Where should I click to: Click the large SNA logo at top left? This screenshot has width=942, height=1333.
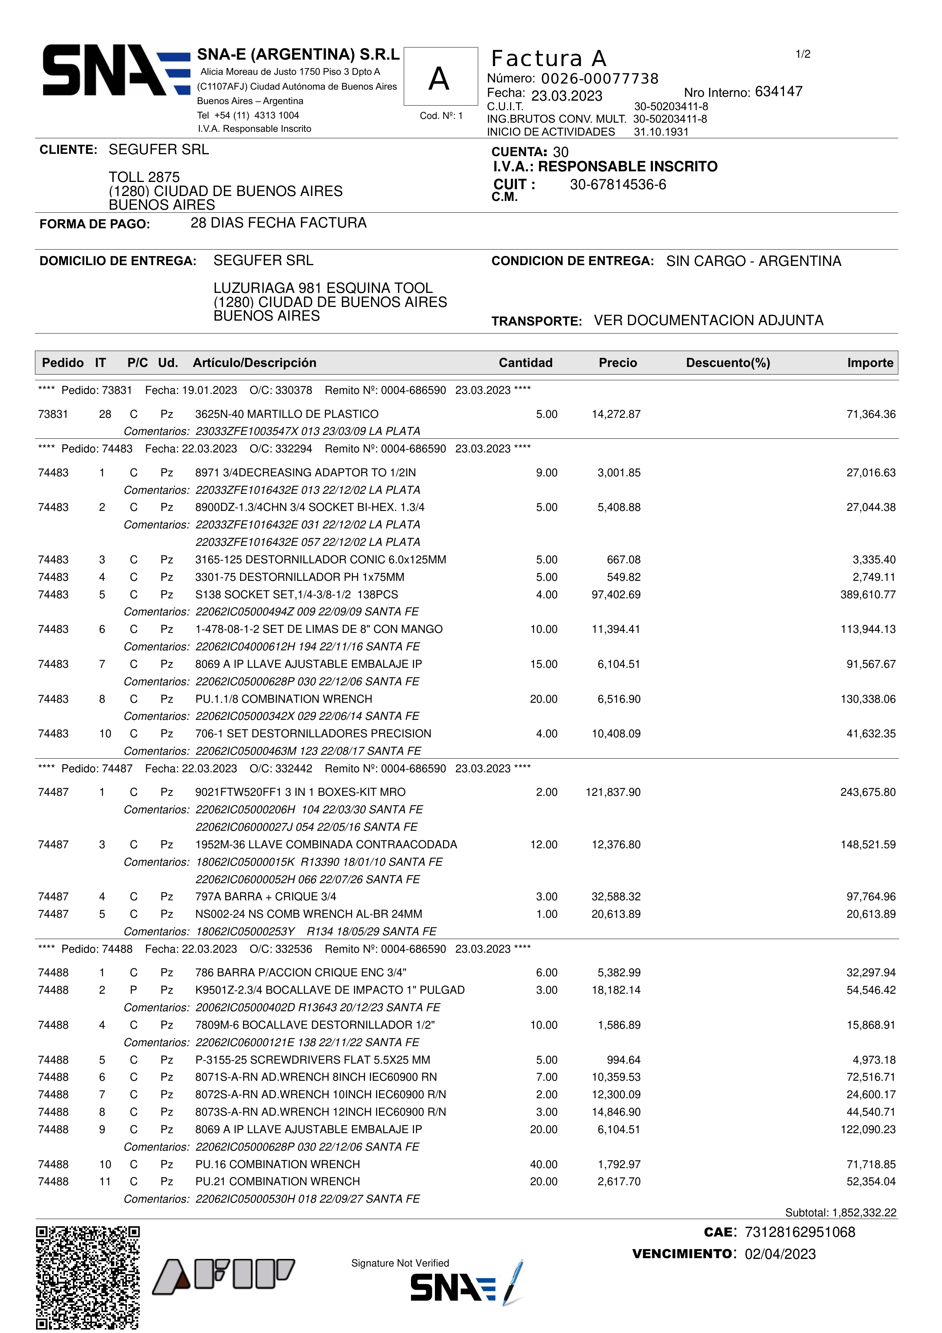[116, 70]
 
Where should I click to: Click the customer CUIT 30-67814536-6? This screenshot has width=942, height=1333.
[618, 185]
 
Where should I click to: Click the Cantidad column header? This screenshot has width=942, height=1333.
[525, 363]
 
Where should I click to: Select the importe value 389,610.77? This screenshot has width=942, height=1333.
[868, 595]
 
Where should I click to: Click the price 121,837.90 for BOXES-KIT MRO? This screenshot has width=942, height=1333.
[613, 792]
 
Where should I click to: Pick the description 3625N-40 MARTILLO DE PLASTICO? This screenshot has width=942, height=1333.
[287, 414]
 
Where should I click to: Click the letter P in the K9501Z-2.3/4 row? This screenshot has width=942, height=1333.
[133, 990]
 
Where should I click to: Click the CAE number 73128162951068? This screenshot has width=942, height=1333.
[800, 1232]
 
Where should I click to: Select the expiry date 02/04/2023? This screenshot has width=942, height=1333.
[780, 1254]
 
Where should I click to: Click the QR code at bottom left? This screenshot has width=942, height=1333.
[88, 1277]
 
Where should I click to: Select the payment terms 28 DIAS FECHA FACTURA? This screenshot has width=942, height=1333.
[278, 223]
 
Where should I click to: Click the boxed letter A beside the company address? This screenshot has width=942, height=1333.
[439, 79]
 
